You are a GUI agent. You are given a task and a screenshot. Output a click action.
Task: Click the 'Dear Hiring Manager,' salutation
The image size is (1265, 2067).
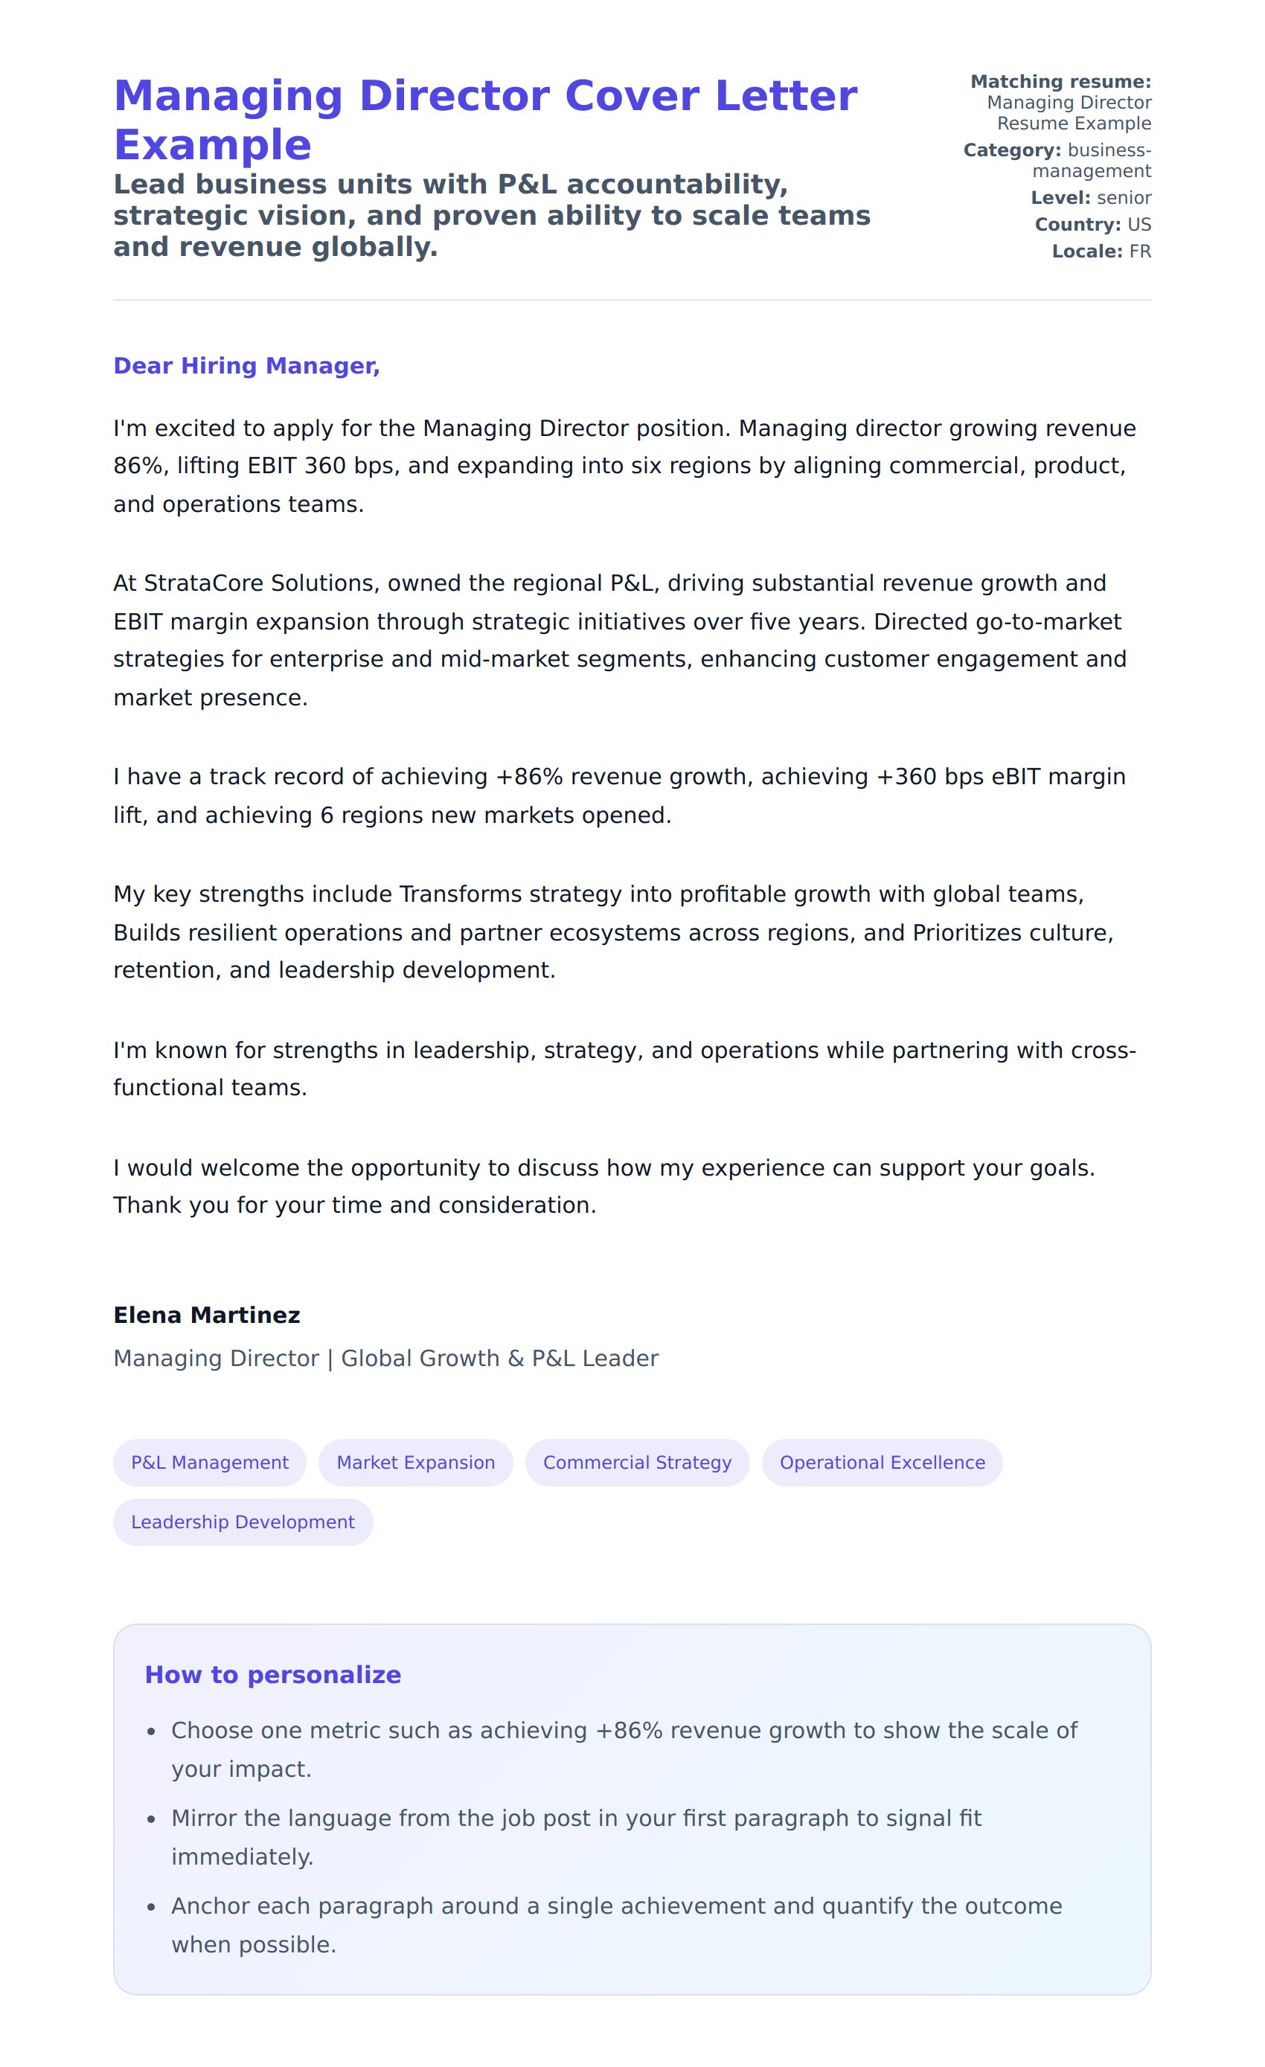click(x=246, y=366)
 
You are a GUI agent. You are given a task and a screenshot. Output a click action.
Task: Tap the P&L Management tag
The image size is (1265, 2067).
click(x=210, y=1462)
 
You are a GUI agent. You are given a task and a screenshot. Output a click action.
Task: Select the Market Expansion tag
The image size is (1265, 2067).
click(x=415, y=1462)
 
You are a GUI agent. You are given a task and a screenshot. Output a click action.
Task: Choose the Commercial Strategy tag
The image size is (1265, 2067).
click(x=637, y=1462)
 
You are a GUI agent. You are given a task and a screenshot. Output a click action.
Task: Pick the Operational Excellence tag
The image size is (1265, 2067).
click(x=882, y=1462)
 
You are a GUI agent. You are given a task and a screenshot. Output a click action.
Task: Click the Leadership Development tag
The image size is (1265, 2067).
click(x=243, y=1522)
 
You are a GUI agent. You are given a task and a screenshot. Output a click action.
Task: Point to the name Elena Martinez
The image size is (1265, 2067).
click(x=206, y=1315)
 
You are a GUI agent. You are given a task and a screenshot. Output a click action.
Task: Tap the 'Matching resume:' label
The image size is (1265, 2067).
click(x=1060, y=81)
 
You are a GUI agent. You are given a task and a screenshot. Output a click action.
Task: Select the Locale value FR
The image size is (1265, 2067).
click(x=1140, y=251)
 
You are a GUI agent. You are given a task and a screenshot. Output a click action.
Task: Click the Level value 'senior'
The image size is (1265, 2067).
click(x=1124, y=198)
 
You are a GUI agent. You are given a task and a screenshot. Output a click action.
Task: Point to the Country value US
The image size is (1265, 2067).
click(x=1139, y=225)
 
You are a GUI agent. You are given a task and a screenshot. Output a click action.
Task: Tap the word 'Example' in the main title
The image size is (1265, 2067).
click(x=212, y=145)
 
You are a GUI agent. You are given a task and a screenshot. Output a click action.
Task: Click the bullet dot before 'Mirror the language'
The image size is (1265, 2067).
click(x=151, y=1818)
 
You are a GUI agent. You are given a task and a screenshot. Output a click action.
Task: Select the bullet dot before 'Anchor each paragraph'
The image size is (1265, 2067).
click(x=151, y=1907)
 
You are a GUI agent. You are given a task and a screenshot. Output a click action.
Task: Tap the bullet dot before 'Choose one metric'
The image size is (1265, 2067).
click(x=151, y=1731)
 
